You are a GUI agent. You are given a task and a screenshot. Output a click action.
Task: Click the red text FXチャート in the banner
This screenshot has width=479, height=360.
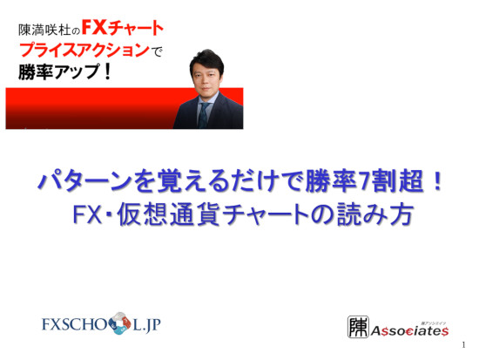pos(123,29)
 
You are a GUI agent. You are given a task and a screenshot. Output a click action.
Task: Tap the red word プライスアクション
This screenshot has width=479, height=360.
pos(84,51)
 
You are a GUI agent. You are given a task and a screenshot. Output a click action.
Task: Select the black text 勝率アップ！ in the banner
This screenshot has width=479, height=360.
pos(64,71)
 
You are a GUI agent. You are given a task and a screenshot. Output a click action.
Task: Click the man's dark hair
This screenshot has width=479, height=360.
pos(206,60)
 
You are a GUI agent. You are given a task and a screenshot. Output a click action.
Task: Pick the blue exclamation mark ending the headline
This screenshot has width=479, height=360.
pos(437,181)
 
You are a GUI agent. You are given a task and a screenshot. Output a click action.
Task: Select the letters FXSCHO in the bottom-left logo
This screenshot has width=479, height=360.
pos(75,324)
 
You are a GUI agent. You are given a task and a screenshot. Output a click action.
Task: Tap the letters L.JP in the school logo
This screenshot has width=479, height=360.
pos(146,324)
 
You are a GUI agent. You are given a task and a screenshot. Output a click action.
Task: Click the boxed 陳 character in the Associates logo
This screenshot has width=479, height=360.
pos(358,327)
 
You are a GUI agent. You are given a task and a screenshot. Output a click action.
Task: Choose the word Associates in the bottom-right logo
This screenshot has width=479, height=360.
pos(409,331)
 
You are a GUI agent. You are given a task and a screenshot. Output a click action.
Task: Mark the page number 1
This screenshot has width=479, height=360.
pos(463,345)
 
